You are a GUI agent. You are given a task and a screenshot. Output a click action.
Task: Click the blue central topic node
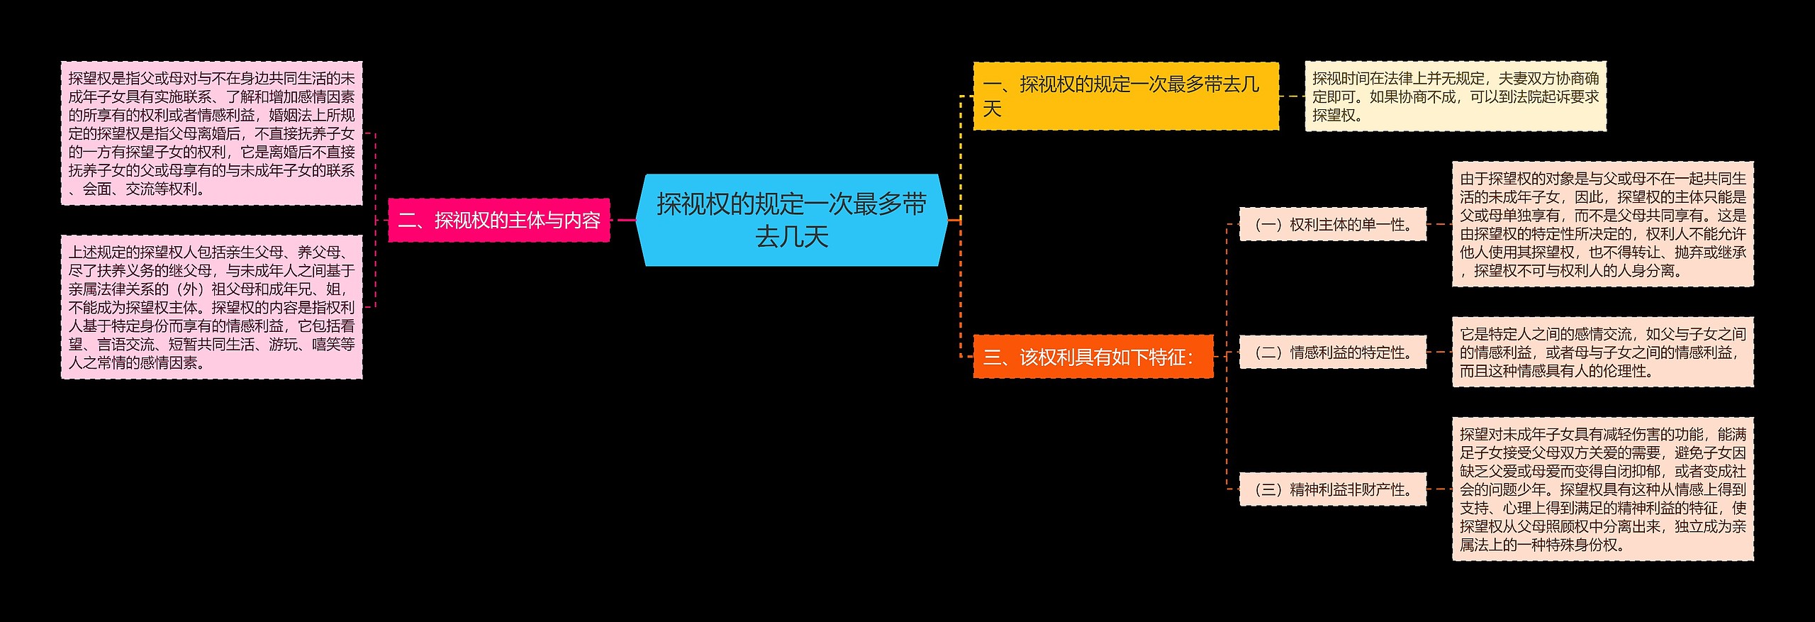point(791,220)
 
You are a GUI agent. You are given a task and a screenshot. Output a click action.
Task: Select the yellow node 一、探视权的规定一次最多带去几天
point(1125,96)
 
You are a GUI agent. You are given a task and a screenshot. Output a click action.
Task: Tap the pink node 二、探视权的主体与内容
point(498,220)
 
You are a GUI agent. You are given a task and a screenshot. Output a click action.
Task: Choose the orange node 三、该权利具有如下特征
point(1092,356)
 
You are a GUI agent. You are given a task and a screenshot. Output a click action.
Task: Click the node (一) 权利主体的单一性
point(1331,224)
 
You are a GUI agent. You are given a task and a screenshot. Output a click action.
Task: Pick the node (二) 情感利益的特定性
point(1331,352)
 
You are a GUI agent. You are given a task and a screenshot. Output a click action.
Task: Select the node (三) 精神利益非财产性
point(1331,489)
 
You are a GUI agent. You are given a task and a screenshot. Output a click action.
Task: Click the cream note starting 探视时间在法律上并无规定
point(1455,96)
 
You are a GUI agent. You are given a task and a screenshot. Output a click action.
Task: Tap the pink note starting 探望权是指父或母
point(211,133)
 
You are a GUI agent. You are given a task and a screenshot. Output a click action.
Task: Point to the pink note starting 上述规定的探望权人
point(211,306)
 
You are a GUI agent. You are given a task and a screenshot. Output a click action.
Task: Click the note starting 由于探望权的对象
point(1602,224)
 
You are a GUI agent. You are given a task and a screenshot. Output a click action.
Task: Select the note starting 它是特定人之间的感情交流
point(1602,352)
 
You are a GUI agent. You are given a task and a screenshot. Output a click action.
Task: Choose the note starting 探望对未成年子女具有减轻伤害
point(1602,489)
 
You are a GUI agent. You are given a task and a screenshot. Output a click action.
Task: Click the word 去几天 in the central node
point(791,237)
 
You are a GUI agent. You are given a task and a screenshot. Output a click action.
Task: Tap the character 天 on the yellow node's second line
point(992,109)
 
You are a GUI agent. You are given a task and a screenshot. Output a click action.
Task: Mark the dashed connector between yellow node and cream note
point(1292,96)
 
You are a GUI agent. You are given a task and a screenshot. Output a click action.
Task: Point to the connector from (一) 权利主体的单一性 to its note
point(1439,224)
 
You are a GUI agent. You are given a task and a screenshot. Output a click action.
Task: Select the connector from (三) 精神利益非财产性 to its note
point(1439,489)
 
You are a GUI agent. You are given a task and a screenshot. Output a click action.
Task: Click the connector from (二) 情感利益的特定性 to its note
point(1439,352)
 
